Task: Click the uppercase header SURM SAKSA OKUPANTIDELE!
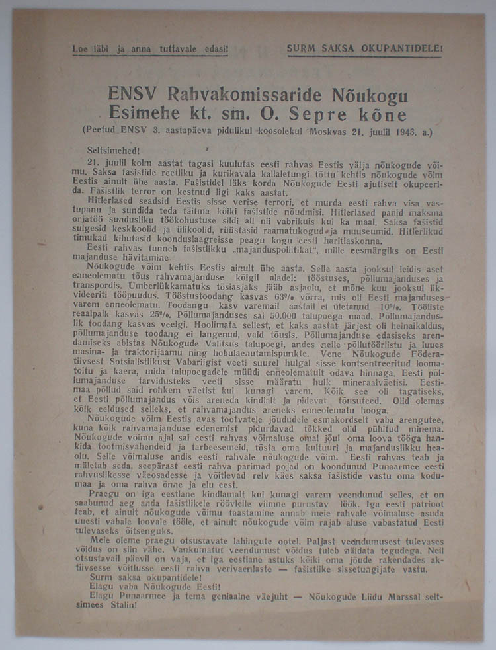364,48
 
